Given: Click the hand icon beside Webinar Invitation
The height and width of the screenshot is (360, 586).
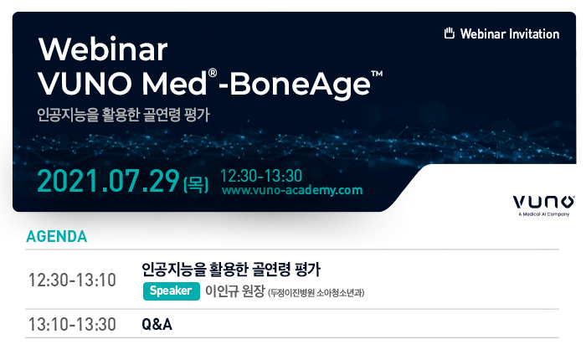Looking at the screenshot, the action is (x=450, y=33).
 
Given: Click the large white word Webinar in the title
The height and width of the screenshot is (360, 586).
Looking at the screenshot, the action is (x=103, y=49).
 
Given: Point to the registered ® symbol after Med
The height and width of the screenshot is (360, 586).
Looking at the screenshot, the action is (x=213, y=73).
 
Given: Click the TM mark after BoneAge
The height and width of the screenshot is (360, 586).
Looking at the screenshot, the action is (x=377, y=74).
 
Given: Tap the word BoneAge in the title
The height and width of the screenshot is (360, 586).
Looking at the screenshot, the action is (x=300, y=85).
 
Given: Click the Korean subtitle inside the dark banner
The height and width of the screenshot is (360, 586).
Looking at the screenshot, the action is (x=123, y=115).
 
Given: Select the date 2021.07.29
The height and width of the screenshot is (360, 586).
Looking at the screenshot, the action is (x=108, y=182).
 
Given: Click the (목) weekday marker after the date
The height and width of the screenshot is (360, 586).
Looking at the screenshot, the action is (x=196, y=184).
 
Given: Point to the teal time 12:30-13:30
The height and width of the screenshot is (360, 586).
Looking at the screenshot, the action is (x=261, y=176).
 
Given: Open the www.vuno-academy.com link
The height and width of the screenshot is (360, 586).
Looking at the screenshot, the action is (x=292, y=190).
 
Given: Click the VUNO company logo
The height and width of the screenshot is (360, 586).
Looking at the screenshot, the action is (x=544, y=202).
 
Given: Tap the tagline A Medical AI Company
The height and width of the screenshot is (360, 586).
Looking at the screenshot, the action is (x=544, y=214).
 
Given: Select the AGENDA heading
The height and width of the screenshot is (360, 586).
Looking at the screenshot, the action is (x=57, y=237).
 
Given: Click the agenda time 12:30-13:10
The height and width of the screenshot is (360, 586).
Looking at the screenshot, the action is (x=72, y=280).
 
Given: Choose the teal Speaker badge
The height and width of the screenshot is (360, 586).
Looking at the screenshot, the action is (x=171, y=291).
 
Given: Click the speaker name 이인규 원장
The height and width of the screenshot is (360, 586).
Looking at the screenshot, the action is (x=235, y=291).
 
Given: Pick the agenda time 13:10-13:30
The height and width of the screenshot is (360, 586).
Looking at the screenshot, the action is (x=72, y=325).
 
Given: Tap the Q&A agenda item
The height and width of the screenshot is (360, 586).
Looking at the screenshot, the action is (x=157, y=325).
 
